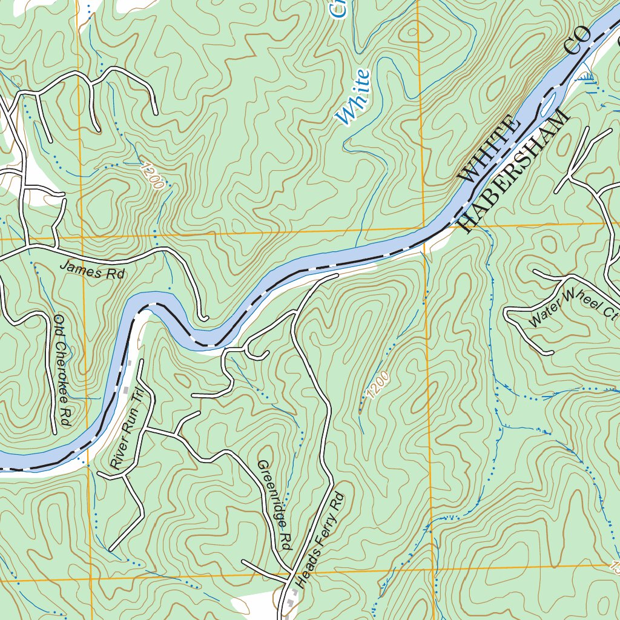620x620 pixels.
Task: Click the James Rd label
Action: (92, 271)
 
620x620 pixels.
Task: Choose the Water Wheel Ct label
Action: (573, 308)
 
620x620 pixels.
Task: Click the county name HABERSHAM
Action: (514, 172)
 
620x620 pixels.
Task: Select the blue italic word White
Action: (353, 97)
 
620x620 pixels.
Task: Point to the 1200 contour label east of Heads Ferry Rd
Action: (377, 384)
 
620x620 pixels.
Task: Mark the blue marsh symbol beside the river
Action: (587, 77)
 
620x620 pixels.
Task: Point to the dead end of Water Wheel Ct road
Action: (551, 352)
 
